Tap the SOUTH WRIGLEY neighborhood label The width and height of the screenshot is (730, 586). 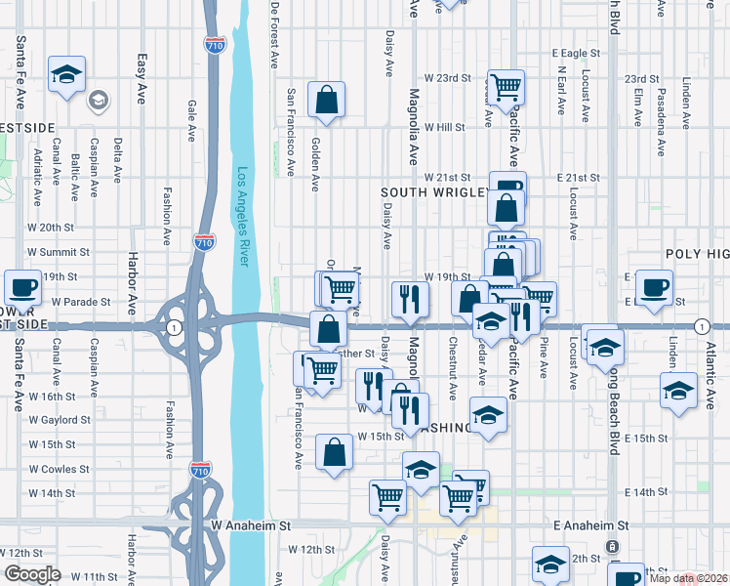point(433,192)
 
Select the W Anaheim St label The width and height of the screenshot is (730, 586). point(251,525)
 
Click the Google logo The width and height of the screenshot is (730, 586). point(32,574)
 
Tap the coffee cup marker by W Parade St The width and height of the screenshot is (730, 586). point(22,288)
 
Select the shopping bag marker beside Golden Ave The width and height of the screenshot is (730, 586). point(326,100)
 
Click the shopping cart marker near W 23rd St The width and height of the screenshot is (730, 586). point(507,88)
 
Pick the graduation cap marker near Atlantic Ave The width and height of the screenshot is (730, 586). point(678,391)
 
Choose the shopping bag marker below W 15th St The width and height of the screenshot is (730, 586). point(334,452)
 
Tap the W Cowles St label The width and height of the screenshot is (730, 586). point(60,469)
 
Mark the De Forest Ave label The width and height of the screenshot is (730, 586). point(274,34)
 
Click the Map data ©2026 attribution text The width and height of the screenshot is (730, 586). point(685,579)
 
